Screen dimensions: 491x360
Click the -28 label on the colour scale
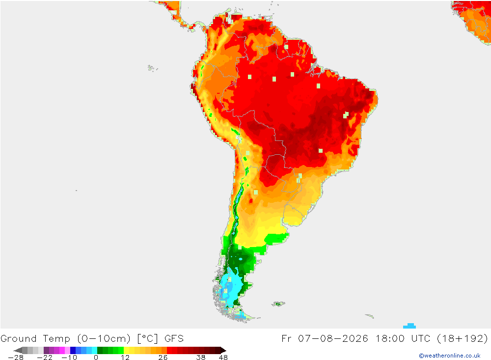(16, 358)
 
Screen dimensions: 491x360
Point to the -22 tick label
(45, 358)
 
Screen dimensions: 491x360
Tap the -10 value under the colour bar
(69, 358)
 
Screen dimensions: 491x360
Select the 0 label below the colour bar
(96, 358)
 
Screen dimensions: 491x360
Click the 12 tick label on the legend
(125, 358)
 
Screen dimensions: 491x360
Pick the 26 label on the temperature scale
(163, 358)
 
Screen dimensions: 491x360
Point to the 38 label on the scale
(201, 358)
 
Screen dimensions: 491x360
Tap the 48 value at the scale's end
(223, 358)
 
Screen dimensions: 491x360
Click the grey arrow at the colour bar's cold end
(18, 350)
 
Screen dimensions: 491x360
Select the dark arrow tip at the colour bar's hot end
(223, 350)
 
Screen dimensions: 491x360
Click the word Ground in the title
(19, 339)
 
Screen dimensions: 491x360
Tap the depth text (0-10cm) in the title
(104, 339)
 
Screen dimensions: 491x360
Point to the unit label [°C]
(147, 339)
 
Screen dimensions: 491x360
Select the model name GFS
(174, 339)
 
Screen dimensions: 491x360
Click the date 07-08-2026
(333, 339)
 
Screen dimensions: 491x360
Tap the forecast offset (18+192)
(463, 339)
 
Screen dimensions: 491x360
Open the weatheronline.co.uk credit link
(450, 356)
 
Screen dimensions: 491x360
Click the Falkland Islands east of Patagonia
(278, 304)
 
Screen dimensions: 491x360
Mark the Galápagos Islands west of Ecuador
(153, 68)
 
